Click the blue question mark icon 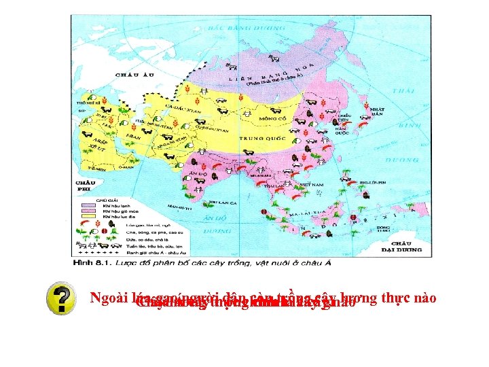pyautogui.click(x=62, y=300)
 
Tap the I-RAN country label pyautogui.click(x=133, y=137)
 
